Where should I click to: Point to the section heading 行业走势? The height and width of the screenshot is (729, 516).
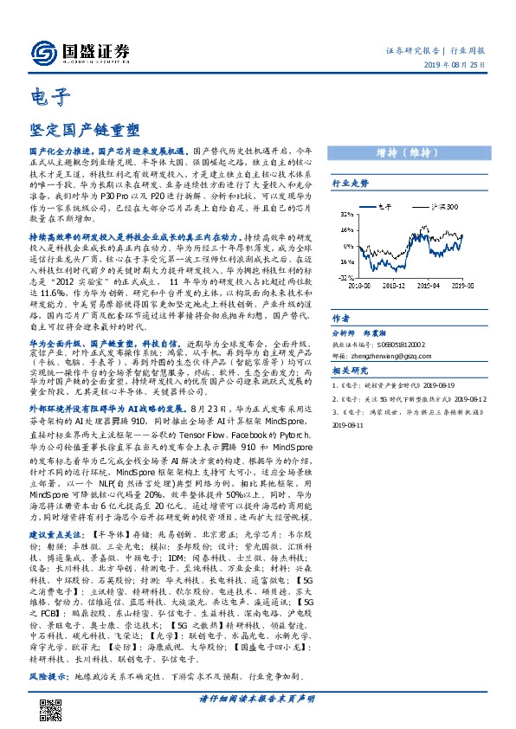coord(351,184)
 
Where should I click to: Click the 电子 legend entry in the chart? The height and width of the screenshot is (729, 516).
coord(384,208)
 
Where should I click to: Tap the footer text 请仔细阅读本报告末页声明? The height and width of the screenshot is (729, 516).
coord(257,698)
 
